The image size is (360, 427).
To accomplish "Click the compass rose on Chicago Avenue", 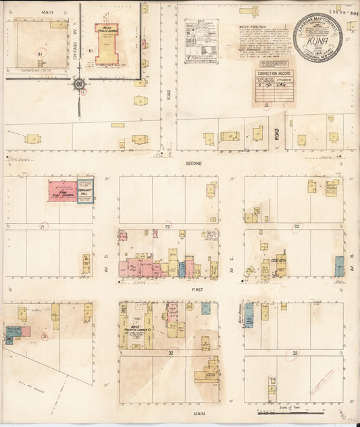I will click(80, 84).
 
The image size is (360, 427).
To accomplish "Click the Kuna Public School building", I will click(106, 44).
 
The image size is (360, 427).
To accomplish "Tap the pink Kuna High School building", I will click(62, 191).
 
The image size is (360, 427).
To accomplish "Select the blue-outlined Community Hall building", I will click(85, 191).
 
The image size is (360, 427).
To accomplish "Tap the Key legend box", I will click(201, 41).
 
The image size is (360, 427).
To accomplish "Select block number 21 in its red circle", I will click(45, 226).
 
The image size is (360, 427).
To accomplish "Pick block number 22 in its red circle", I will click(167, 226).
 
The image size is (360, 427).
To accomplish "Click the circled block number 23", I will click(297, 226).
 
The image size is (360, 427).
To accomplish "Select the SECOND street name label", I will click(195, 164).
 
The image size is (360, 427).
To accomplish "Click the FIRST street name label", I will click(198, 289).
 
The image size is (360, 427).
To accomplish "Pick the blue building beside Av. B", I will click(338, 266).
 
